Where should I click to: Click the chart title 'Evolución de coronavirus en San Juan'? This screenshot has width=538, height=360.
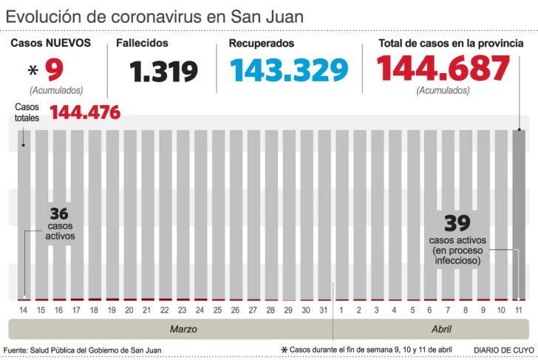click(x=154, y=16)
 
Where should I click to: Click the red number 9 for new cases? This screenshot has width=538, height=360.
click(x=55, y=70)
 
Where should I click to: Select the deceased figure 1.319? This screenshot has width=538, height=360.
click(x=163, y=72)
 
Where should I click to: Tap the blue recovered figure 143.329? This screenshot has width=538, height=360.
click(x=288, y=70)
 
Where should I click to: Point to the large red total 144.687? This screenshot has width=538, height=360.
click(x=443, y=69)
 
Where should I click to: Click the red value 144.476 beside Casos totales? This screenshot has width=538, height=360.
click(x=85, y=113)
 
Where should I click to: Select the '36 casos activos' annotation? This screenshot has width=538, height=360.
click(x=60, y=224)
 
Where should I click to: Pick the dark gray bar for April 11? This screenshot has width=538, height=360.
click(x=520, y=214)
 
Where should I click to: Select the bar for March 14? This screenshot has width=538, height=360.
click(x=24, y=214)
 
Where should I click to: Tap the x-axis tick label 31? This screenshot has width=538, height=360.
click(x=323, y=310)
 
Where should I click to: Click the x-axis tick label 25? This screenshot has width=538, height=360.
click(x=217, y=310)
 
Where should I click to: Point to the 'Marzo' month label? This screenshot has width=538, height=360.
click(x=178, y=329)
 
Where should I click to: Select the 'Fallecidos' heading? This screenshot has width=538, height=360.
click(x=142, y=44)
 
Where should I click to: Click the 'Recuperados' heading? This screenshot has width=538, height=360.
click(x=261, y=44)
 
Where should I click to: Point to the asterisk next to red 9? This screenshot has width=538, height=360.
click(x=33, y=72)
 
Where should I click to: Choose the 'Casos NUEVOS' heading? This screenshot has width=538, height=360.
click(x=50, y=44)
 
